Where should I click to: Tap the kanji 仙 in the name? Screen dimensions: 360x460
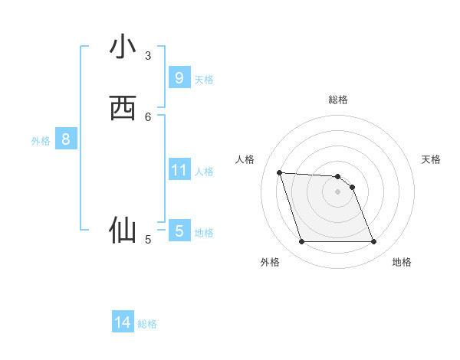123,230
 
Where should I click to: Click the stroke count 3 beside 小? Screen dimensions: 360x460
148,55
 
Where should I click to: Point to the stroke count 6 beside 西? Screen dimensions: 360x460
148,116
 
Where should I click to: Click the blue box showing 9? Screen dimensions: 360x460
179,78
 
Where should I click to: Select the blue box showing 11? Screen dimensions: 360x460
179,170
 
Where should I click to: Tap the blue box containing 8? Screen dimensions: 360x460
66,139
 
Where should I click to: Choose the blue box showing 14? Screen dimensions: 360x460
123,323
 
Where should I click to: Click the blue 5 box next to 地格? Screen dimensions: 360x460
179,231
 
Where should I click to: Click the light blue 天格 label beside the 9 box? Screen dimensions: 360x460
204,80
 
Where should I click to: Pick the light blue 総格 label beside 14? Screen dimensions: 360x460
147,324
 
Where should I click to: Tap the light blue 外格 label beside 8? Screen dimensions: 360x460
41,141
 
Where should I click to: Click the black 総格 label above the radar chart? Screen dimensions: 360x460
338,100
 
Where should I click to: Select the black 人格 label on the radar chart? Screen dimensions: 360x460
245,159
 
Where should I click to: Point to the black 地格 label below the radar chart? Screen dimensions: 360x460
402,262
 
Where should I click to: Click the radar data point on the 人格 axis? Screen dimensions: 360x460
279,172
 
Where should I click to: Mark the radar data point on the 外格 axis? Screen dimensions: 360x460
301,242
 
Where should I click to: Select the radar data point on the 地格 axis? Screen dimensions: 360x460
373,242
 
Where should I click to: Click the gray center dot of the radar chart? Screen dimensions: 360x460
338,191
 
